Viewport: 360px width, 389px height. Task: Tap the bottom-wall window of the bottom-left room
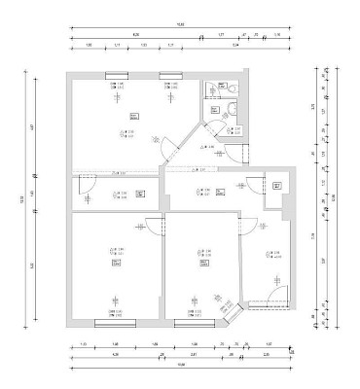click(x=115, y=322)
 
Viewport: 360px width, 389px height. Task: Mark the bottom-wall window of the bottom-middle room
click(x=199, y=322)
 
